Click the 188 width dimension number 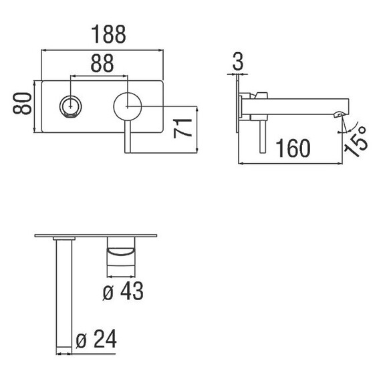108,34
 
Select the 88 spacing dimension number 102,63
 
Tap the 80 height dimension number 22,103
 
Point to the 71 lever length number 182,128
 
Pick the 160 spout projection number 293,148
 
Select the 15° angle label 356,142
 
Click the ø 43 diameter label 123,291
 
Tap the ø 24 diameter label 96,339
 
